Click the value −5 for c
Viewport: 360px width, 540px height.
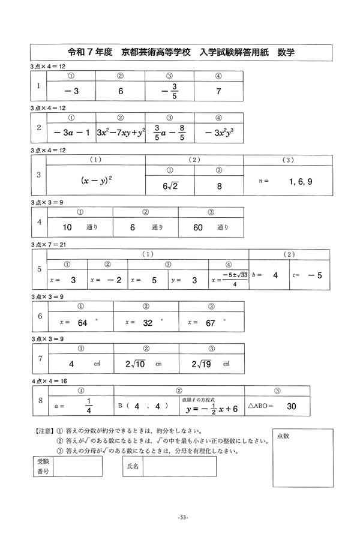[314, 275]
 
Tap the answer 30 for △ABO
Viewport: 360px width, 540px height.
[292, 406]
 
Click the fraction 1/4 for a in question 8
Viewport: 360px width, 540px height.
[89, 406]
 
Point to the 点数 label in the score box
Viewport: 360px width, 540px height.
[284, 436]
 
